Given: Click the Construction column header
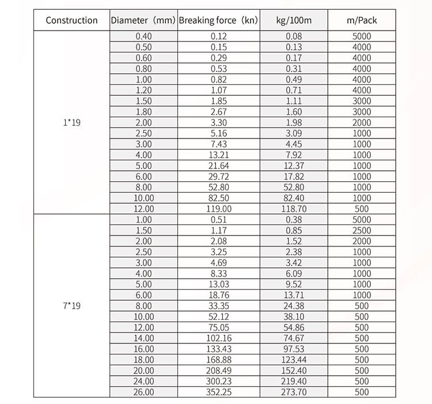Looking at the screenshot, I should [71, 20].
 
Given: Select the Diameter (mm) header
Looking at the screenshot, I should [143, 20].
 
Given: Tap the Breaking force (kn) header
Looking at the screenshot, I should [219, 20].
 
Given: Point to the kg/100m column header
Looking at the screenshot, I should [294, 20].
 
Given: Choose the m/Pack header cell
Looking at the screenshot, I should [362, 20].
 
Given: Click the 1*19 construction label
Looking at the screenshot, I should [71, 122].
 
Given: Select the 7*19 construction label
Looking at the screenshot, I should [71, 306].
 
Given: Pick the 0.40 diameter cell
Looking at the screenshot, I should [143, 36].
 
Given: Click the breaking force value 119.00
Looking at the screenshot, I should [219, 209].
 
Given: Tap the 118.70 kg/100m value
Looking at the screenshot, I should [294, 209].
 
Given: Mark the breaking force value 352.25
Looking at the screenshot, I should [219, 392].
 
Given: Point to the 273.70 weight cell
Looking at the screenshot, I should [294, 392].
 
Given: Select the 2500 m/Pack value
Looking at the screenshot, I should [362, 230].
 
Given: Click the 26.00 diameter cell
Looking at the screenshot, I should [143, 392].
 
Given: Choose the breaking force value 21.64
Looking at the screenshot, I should [219, 166].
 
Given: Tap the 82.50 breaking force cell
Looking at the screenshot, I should [219, 198].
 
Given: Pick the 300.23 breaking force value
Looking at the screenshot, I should [219, 381].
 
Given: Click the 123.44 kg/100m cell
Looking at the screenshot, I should [294, 360].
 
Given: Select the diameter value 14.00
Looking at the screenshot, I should [143, 338].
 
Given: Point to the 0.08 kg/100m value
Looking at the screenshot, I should [294, 36].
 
